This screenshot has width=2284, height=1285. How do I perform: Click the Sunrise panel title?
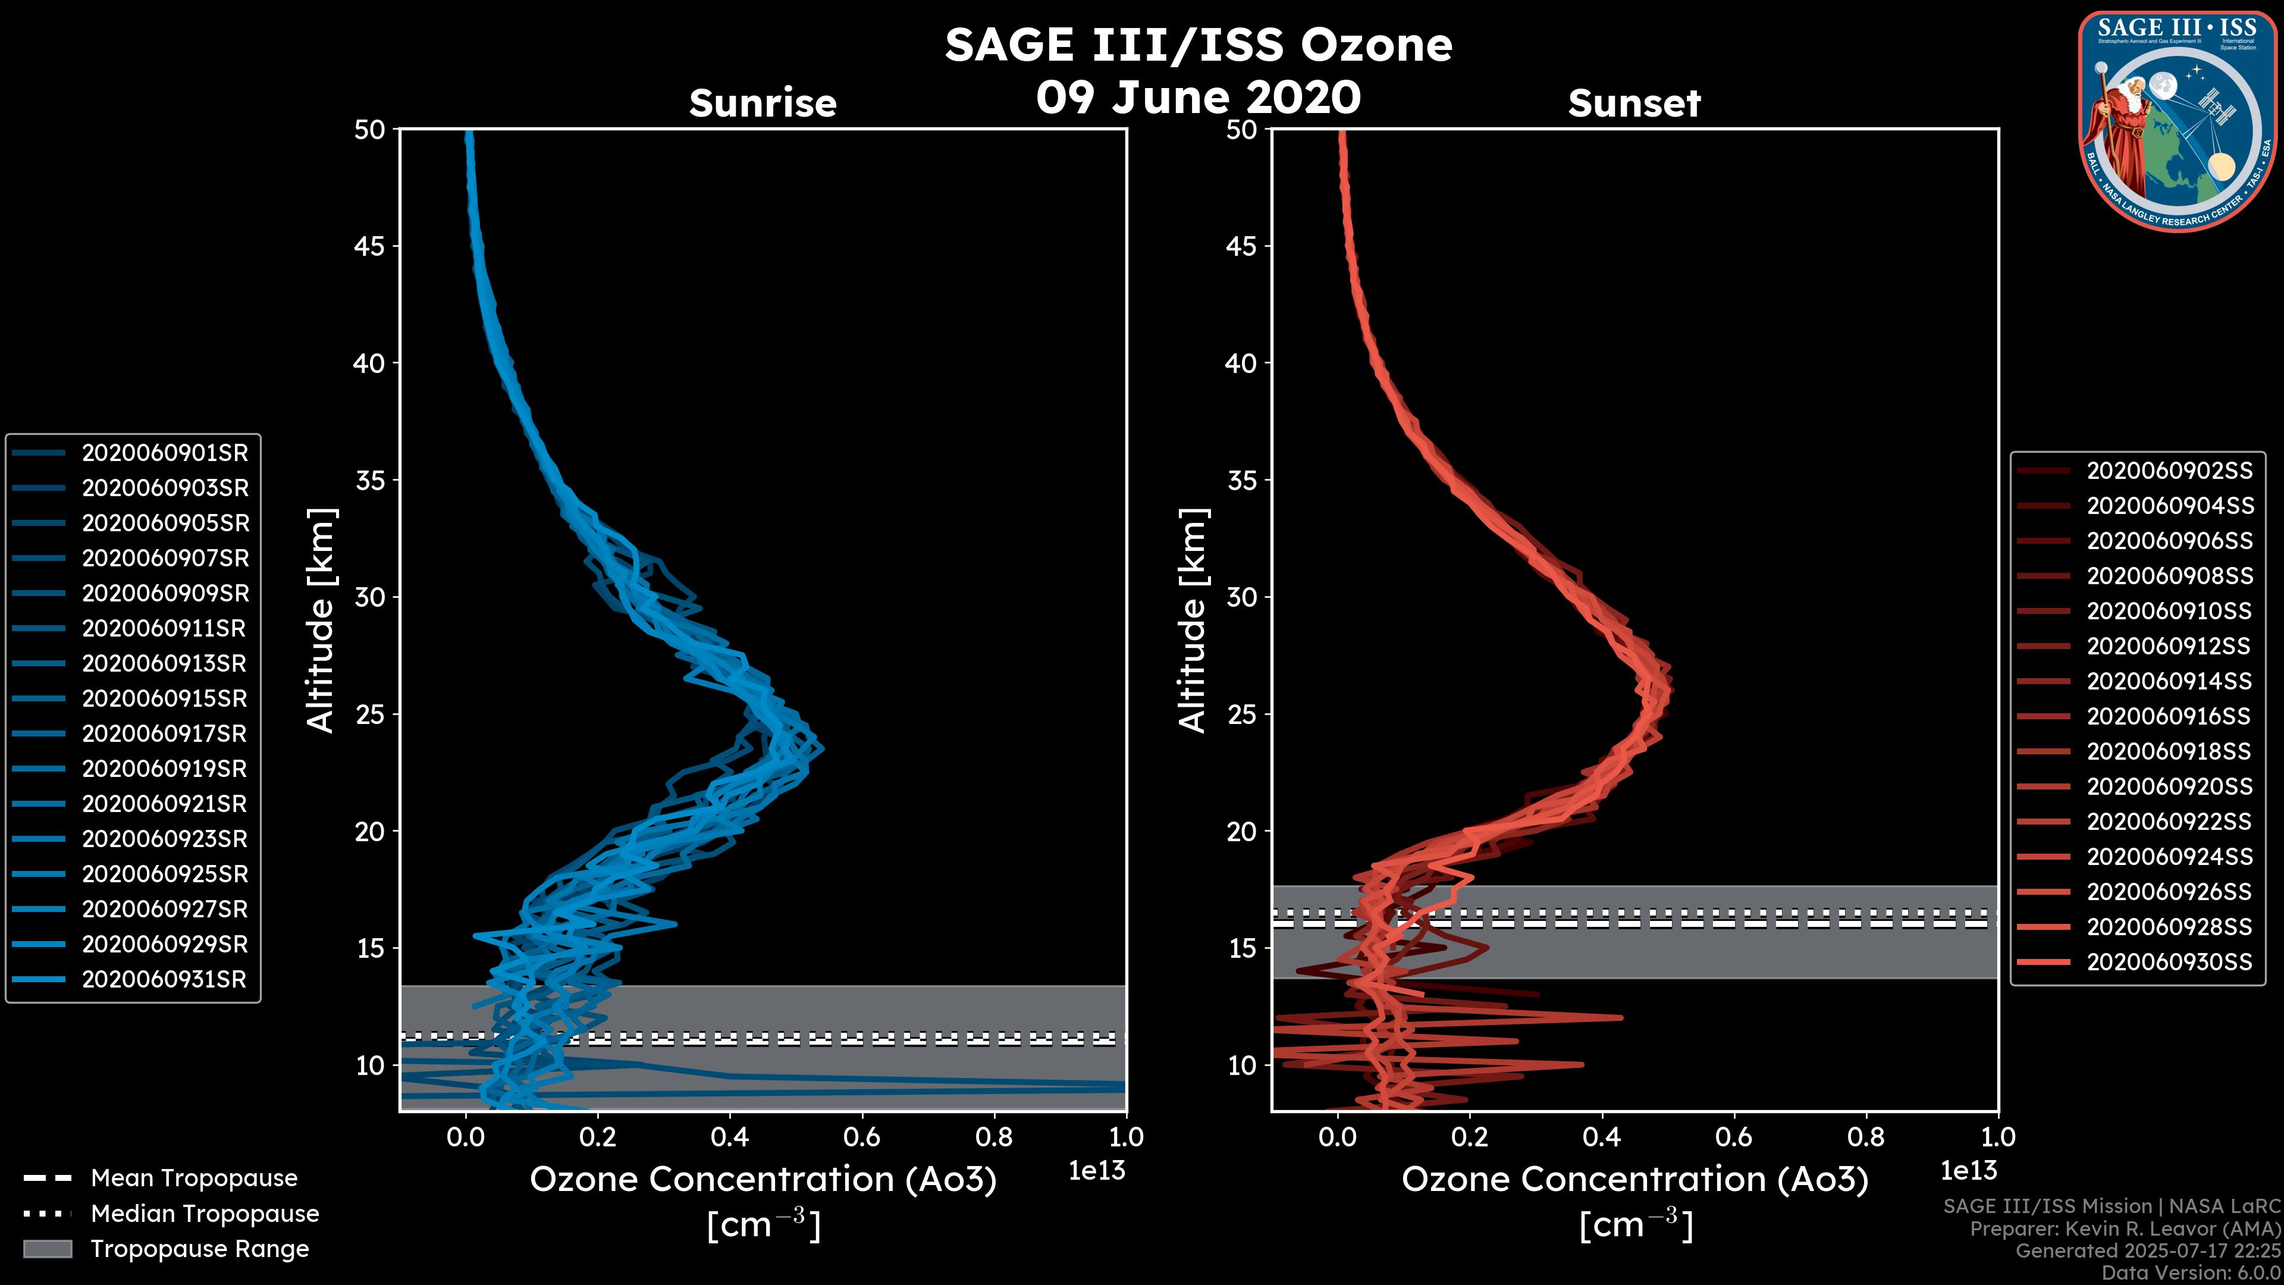tap(763, 103)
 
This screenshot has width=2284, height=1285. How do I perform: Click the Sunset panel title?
tap(1634, 103)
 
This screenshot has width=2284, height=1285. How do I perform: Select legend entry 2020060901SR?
tap(165, 453)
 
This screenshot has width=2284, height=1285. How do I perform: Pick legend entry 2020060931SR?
tap(164, 980)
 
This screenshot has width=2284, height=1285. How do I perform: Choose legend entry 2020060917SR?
tap(164, 734)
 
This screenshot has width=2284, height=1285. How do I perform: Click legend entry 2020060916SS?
tap(2169, 716)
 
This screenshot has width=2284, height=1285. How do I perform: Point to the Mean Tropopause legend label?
tap(194, 1179)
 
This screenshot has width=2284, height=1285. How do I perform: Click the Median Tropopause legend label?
tap(205, 1214)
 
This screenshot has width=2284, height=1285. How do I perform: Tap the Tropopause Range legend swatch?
tap(48, 1249)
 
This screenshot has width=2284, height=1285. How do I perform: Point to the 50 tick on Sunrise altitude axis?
tap(371, 130)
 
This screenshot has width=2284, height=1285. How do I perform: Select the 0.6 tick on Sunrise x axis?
tap(862, 1137)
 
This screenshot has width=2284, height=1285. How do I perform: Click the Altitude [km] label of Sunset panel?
tap(1193, 620)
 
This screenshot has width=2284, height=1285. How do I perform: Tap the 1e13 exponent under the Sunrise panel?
tap(1097, 1171)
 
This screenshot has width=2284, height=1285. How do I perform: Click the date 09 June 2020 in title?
tap(1198, 98)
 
